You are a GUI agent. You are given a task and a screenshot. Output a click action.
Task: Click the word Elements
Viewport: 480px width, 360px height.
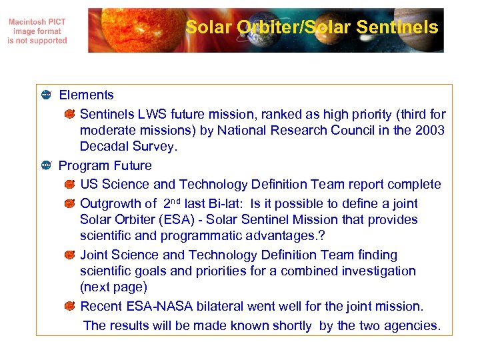point(86,95)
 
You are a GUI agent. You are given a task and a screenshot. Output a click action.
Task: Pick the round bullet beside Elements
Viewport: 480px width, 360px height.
point(46,95)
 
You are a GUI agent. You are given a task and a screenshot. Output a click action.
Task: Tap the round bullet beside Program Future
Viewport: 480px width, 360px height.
point(46,165)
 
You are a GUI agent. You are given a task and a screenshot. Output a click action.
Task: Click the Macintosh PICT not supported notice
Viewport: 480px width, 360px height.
point(37,31)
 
